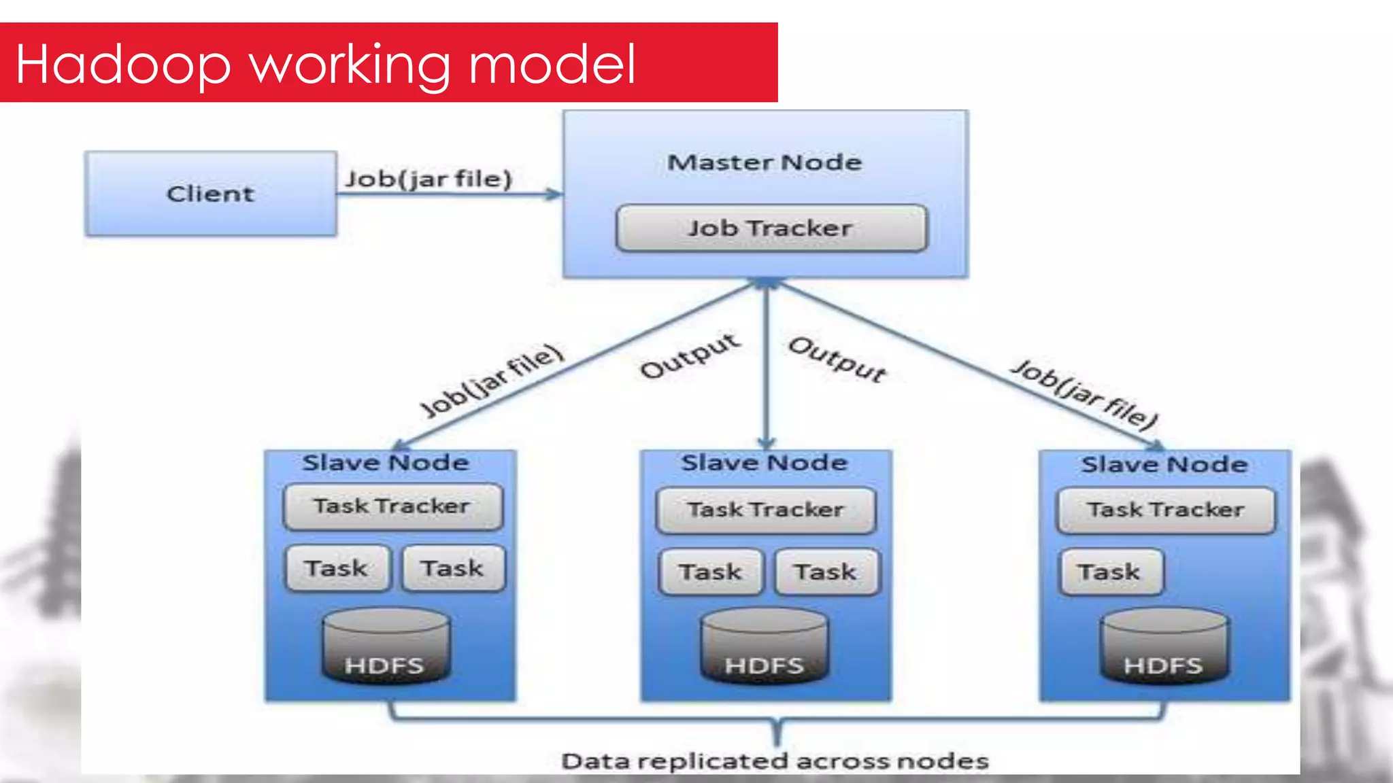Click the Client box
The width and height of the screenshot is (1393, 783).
point(211,194)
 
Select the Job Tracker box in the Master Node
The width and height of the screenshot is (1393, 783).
point(771,228)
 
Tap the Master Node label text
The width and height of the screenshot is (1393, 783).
point(765,162)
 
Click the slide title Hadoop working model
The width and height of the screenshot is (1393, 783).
point(325,64)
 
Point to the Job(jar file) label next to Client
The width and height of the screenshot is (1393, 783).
point(429,179)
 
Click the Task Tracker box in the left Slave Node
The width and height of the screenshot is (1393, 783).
point(392,506)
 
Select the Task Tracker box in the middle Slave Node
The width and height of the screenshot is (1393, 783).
point(766,510)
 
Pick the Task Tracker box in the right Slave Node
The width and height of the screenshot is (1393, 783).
point(1166,510)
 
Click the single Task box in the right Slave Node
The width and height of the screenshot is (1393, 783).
point(1111,572)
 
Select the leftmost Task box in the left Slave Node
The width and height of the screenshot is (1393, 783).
point(337,568)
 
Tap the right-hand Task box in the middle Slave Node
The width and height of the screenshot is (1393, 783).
point(826,572)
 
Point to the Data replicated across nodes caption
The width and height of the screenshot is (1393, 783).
point(775,761)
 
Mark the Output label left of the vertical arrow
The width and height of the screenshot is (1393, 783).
point(690,355)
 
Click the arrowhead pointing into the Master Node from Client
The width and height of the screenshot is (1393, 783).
point(555,194)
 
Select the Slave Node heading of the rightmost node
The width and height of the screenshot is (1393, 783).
point(1164,465)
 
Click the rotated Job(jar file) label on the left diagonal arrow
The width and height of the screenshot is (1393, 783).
point(492,381)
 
